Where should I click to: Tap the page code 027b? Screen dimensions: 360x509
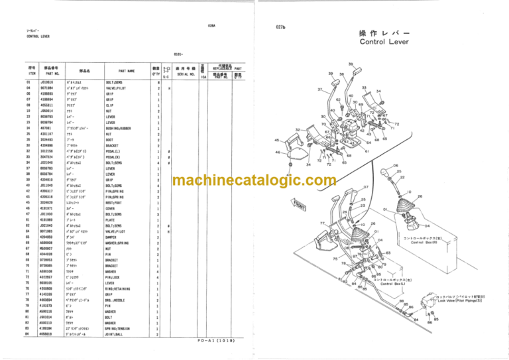tap(280, 27)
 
